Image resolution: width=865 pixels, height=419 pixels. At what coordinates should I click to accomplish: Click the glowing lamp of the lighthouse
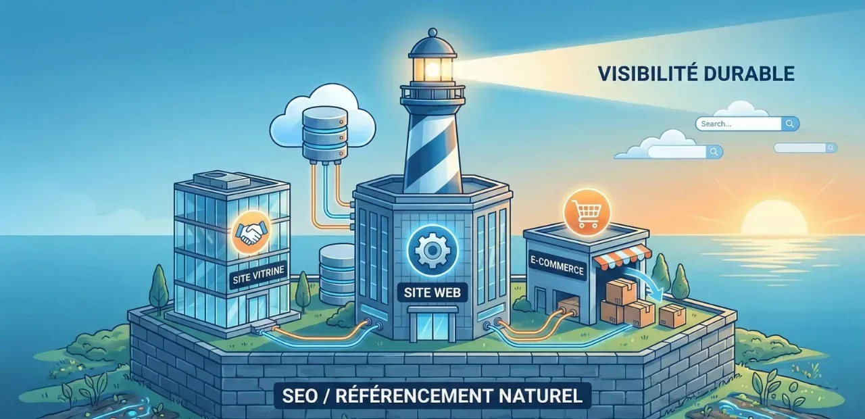click(432, 70)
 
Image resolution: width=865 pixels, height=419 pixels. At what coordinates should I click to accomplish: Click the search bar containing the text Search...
click(747, 124)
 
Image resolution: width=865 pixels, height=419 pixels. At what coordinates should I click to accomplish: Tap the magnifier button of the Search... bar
click(790, 124)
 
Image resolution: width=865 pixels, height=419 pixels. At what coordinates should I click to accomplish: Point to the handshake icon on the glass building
click(250, 233)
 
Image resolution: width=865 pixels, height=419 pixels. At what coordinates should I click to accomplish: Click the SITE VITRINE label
click(258, 274)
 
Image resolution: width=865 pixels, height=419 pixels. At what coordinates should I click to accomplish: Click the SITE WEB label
click(432, 293)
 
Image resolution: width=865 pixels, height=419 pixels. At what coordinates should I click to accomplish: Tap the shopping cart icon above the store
click(587, 212)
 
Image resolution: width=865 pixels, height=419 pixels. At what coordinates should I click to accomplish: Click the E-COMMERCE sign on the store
click(557, 266)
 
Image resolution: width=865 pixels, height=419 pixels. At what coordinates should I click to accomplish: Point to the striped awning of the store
click(622, 256)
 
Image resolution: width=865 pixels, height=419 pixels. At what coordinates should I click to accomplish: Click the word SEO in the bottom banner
click(299, 396)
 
